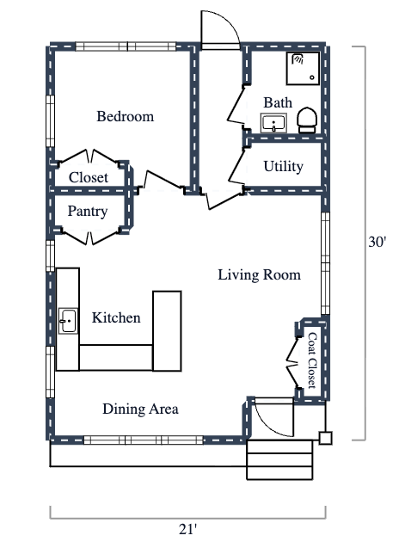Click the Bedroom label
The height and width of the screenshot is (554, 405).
click(125, 116)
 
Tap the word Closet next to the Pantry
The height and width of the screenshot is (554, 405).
click(89, 177)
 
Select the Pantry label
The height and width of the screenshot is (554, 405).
click(88, 211)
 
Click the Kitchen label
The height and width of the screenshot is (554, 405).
click(116, 318)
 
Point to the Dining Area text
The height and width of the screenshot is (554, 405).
click(140, 409)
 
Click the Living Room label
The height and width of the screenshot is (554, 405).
click(259, 275)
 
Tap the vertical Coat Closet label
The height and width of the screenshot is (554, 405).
click(312, 362)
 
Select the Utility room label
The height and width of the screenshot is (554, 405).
click(283, 166)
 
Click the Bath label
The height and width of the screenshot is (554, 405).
click(278, 102)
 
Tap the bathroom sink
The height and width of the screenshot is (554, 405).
click(274, 124)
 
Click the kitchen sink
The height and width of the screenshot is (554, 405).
click(68, 322)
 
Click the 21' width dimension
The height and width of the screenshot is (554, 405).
click(187, 529)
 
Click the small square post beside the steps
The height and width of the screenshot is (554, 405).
click(326, 438)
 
